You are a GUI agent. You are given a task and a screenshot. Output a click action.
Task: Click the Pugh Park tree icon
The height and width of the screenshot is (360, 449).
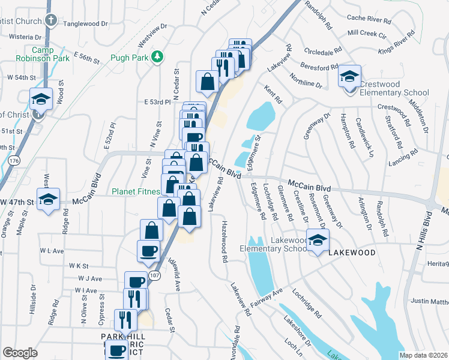pos(158,57)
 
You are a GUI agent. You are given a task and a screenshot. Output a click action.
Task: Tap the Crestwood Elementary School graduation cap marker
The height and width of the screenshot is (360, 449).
pos(349,77)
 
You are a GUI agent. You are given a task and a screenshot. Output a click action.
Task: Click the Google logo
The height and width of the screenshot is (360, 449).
pos(20,353)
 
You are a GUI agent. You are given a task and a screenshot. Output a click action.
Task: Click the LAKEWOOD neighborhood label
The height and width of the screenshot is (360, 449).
pos(352,253)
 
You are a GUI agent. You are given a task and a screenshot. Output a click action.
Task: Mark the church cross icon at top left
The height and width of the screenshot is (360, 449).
pos(52,20)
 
